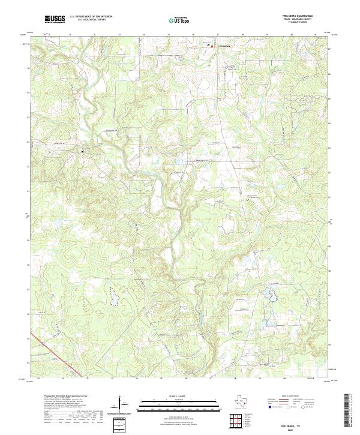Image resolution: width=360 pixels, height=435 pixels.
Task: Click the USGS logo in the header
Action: [x=55, y=20]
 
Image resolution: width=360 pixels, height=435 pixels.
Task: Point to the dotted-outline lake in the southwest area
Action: [x=112, y=293]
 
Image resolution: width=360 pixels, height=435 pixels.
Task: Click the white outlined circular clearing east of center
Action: [x=229, y=226]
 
